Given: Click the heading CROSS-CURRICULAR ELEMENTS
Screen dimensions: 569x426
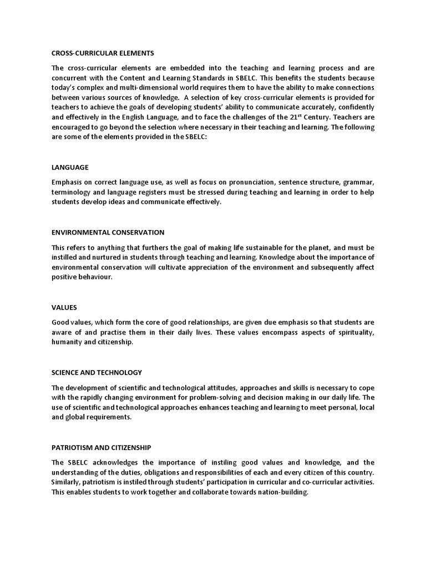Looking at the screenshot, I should coord(103,53).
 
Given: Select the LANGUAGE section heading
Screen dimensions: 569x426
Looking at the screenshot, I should coord(70,167).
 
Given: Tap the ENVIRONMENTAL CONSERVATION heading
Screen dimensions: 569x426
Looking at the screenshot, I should coord(108,232).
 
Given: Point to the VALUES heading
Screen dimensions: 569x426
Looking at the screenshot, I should coord(64,307).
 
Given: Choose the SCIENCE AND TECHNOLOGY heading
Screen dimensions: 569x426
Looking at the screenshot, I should coord(97,372).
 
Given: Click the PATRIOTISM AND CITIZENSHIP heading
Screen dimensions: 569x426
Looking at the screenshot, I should coord(102,447).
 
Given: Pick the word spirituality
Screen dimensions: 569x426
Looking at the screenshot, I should coord(354,332).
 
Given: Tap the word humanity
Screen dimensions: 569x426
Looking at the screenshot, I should coord(68,342).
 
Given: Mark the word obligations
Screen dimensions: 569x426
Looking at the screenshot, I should coord(156,472).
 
